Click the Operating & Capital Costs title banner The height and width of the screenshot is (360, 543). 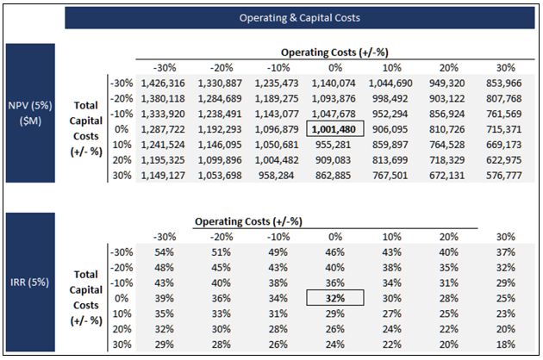(300, 17)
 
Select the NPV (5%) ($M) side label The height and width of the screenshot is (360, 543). (30, 113)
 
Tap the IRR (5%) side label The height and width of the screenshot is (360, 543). (30, 282)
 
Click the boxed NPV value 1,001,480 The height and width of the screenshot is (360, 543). (335, 129)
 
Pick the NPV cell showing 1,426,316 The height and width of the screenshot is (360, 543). (163, 84)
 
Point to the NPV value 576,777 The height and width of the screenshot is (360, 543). (504, 176)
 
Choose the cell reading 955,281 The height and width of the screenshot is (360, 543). (334, 145)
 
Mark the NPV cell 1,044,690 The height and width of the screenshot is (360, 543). (390, 84)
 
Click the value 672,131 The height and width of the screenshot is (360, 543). (447, 176)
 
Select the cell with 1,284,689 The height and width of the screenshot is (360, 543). (220, 99)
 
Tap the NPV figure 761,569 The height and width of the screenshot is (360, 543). (504, 114)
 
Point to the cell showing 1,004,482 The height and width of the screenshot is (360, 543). (277, 160)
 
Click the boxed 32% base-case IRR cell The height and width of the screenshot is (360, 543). (335, 298)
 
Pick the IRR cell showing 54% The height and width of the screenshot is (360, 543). (164, 252)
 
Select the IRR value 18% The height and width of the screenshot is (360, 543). (506, 344)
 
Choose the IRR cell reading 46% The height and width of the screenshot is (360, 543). (335, 252)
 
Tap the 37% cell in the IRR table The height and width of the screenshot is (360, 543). (506, 252)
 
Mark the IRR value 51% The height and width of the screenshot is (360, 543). (221, 252)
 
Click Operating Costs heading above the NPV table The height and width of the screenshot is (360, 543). (334, 53)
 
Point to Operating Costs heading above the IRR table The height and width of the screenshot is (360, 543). (248, 221)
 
